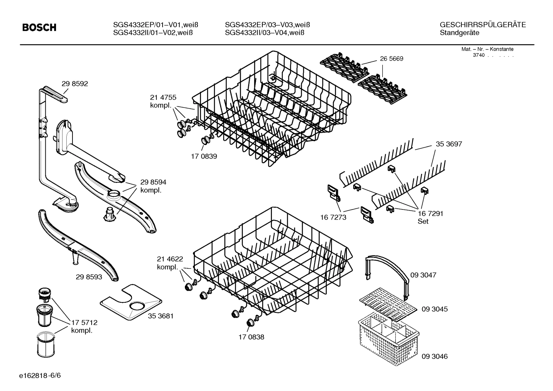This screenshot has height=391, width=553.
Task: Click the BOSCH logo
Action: point(39,28)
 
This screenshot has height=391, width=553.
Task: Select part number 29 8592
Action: point(75,84)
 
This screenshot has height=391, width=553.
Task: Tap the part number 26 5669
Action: point(392,59)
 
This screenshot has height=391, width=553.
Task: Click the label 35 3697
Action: point(449,144)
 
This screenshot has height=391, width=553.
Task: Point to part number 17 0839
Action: point(204,156)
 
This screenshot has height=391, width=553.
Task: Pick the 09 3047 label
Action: point(423,275)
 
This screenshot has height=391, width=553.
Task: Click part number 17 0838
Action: point(251,337)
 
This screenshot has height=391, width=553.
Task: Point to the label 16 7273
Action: point(333,217)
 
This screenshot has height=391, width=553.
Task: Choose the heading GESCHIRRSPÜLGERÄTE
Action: point(482,25)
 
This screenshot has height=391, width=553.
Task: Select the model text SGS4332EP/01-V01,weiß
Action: point(156,25)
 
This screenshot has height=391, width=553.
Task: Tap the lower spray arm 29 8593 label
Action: point(89,276)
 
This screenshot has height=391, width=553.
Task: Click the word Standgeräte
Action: point(459,33)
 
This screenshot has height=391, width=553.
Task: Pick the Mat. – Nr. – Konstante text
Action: point(487,49)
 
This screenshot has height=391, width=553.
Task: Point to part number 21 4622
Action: point(170,259)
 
